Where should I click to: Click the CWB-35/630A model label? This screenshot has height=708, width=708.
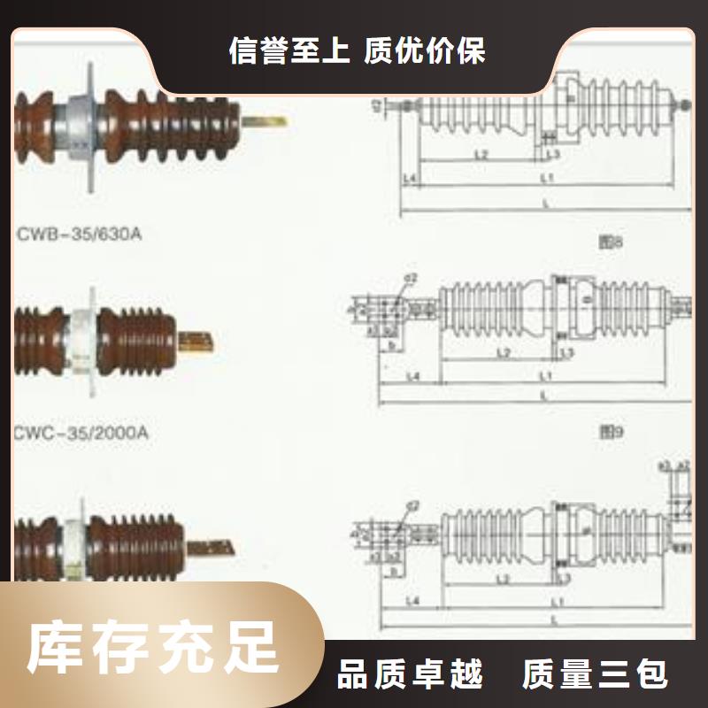point(79,235)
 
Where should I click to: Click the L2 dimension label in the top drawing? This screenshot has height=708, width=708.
point(481,154)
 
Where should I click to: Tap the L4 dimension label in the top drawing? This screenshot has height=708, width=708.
point(410,179)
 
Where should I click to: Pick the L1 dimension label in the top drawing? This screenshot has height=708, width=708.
point(547,179)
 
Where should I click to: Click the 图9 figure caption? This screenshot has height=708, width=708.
point(613,432)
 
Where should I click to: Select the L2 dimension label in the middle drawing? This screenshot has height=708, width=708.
point(502,353)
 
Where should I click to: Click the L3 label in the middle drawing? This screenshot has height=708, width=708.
point(567,353)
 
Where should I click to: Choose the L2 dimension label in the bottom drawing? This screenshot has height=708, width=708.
point(502,579)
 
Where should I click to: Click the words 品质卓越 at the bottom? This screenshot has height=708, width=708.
point(411,676)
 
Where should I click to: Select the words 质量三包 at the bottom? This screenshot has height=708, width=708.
point(595,676)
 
